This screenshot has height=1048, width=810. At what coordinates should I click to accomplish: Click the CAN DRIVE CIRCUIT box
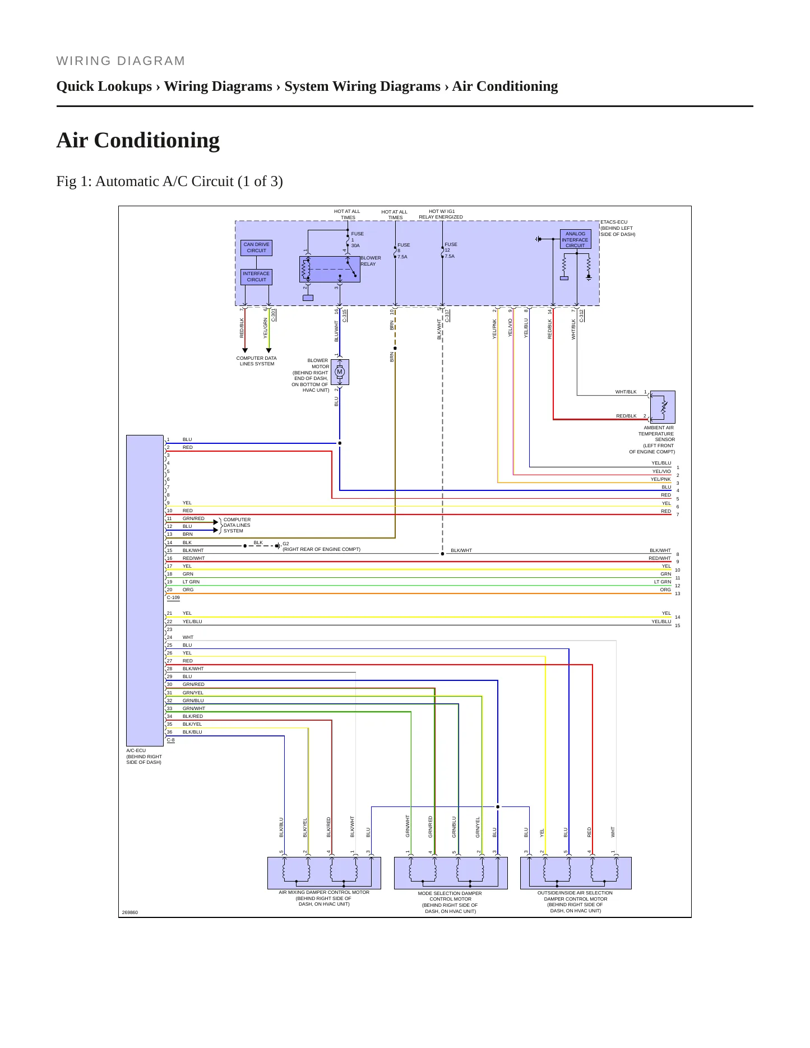(257, 248)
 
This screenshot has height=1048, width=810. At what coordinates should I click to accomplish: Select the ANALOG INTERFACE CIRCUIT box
(575, 239)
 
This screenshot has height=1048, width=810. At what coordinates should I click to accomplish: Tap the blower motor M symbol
(340, 372)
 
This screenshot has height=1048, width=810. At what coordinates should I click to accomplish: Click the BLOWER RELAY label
(371, 261)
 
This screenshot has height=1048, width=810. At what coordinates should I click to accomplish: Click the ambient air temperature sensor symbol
(663, 407)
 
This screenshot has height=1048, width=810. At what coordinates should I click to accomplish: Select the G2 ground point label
(286, 544)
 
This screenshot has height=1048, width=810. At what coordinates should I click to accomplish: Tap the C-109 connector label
(173, 598)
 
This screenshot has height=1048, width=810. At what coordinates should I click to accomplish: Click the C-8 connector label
(170, 740)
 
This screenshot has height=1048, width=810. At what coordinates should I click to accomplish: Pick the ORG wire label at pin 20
(188, 590)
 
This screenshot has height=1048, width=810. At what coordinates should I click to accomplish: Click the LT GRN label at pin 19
(191, 582)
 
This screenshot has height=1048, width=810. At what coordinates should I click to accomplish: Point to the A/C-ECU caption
(144, 757)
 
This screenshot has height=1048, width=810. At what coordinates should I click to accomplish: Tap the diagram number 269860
(130, 912)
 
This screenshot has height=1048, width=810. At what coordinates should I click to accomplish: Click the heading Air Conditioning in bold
(138, 140)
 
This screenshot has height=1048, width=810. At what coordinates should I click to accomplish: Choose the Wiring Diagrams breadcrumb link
(218, 86)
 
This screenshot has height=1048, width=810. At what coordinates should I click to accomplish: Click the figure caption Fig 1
(169, 182)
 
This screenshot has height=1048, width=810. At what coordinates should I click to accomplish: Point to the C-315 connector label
(345, 316)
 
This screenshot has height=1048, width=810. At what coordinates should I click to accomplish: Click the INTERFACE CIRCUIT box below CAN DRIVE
(256, 277)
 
